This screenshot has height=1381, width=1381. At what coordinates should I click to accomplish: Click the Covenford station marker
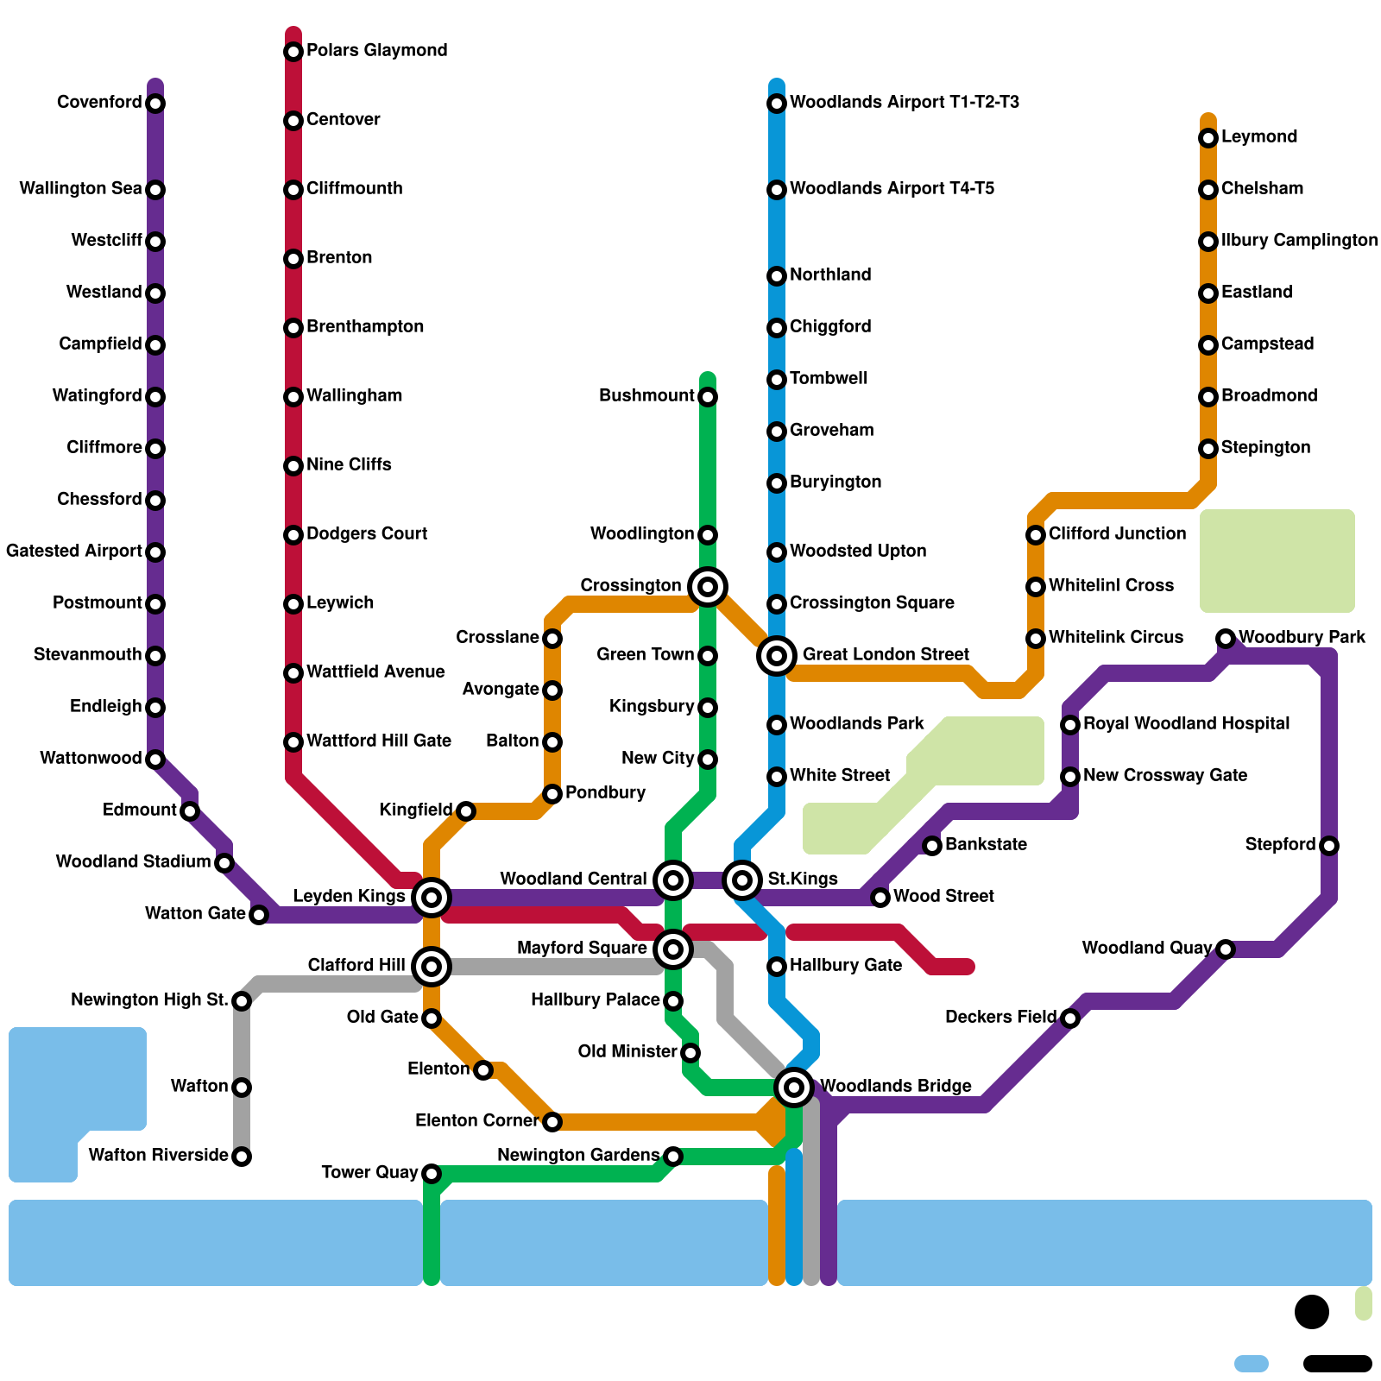(x=155, y=104)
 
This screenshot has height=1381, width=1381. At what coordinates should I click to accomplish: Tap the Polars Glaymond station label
(x=376, y=50)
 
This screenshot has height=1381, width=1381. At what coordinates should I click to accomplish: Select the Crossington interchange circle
(x=708, y=587)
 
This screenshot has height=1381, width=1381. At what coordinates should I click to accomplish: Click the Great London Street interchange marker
(x=777, y=656)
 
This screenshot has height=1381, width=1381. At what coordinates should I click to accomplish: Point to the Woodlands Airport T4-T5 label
(x=892, y=188)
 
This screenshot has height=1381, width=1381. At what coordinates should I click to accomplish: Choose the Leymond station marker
(x=1208, y=138)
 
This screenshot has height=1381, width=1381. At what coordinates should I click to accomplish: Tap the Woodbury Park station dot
(x=1226, y=639)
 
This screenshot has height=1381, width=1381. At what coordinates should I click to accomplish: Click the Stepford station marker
(x=1329, y=846)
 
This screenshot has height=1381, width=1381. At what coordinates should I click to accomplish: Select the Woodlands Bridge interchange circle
(x=794, y=1087)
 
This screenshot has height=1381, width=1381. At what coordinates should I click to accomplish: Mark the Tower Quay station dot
(x=432, y=1174)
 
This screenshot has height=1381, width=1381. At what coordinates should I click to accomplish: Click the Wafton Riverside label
(x=158, y=1155)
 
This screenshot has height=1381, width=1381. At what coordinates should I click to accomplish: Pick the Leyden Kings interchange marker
(x=432, y=898)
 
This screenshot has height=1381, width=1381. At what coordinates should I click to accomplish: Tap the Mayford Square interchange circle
(x=673, y=949)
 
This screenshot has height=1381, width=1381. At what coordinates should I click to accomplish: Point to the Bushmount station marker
(x=708, y=397)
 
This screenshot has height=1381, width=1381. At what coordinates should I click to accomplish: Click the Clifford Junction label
(x=1117, y=533)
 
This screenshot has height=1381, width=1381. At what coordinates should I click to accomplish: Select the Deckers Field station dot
(x=1070, y=1018)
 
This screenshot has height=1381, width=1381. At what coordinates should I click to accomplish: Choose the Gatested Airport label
(x=74, y=551)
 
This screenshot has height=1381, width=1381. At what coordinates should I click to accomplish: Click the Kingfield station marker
(x=466, y=811)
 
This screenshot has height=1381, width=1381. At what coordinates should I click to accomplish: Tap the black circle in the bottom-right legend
(x=1312, y=1312)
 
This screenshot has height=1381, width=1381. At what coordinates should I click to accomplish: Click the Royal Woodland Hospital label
(x=1186, y=723)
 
